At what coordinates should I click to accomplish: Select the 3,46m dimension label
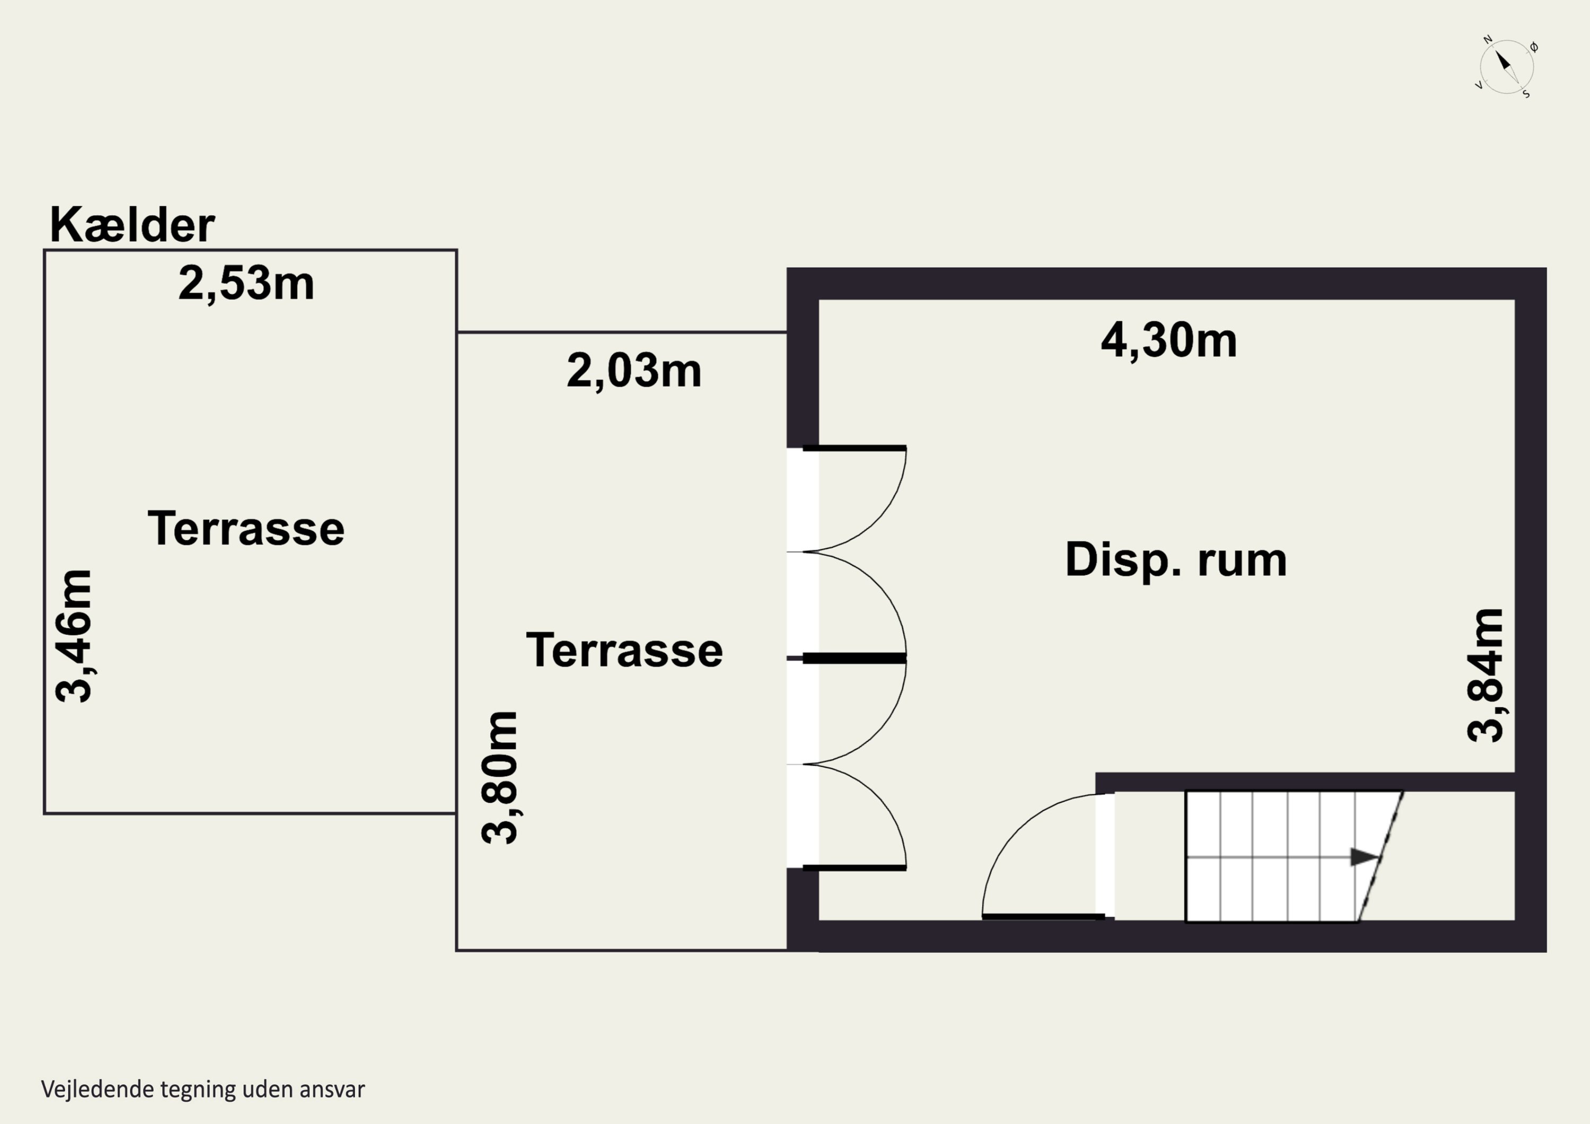click(74, 636)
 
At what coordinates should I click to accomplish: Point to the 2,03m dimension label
click(634, 371)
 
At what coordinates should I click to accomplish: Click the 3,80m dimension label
click(499, 777)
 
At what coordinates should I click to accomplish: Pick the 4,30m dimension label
click(1169, 341)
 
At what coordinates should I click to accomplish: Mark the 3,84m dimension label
click(1486, 675)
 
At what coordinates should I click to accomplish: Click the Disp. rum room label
click(1176, 560)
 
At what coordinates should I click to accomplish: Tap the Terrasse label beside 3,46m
click(246, 528)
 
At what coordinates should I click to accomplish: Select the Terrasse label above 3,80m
click(625, 650)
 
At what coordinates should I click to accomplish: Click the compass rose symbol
click(1507, 68)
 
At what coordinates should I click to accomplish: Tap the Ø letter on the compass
click(1534, 48)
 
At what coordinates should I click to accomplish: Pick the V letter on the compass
click(1479, 86)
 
